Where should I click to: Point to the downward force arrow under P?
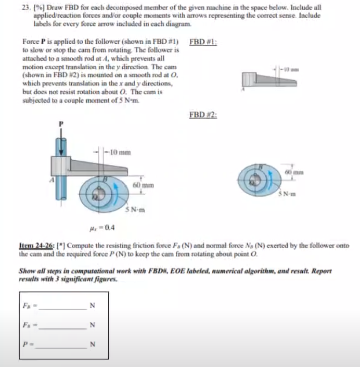coord(62,141)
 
